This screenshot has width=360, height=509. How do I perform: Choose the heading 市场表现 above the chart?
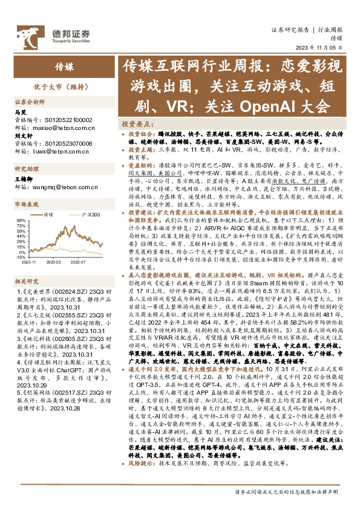tap(25, 204)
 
